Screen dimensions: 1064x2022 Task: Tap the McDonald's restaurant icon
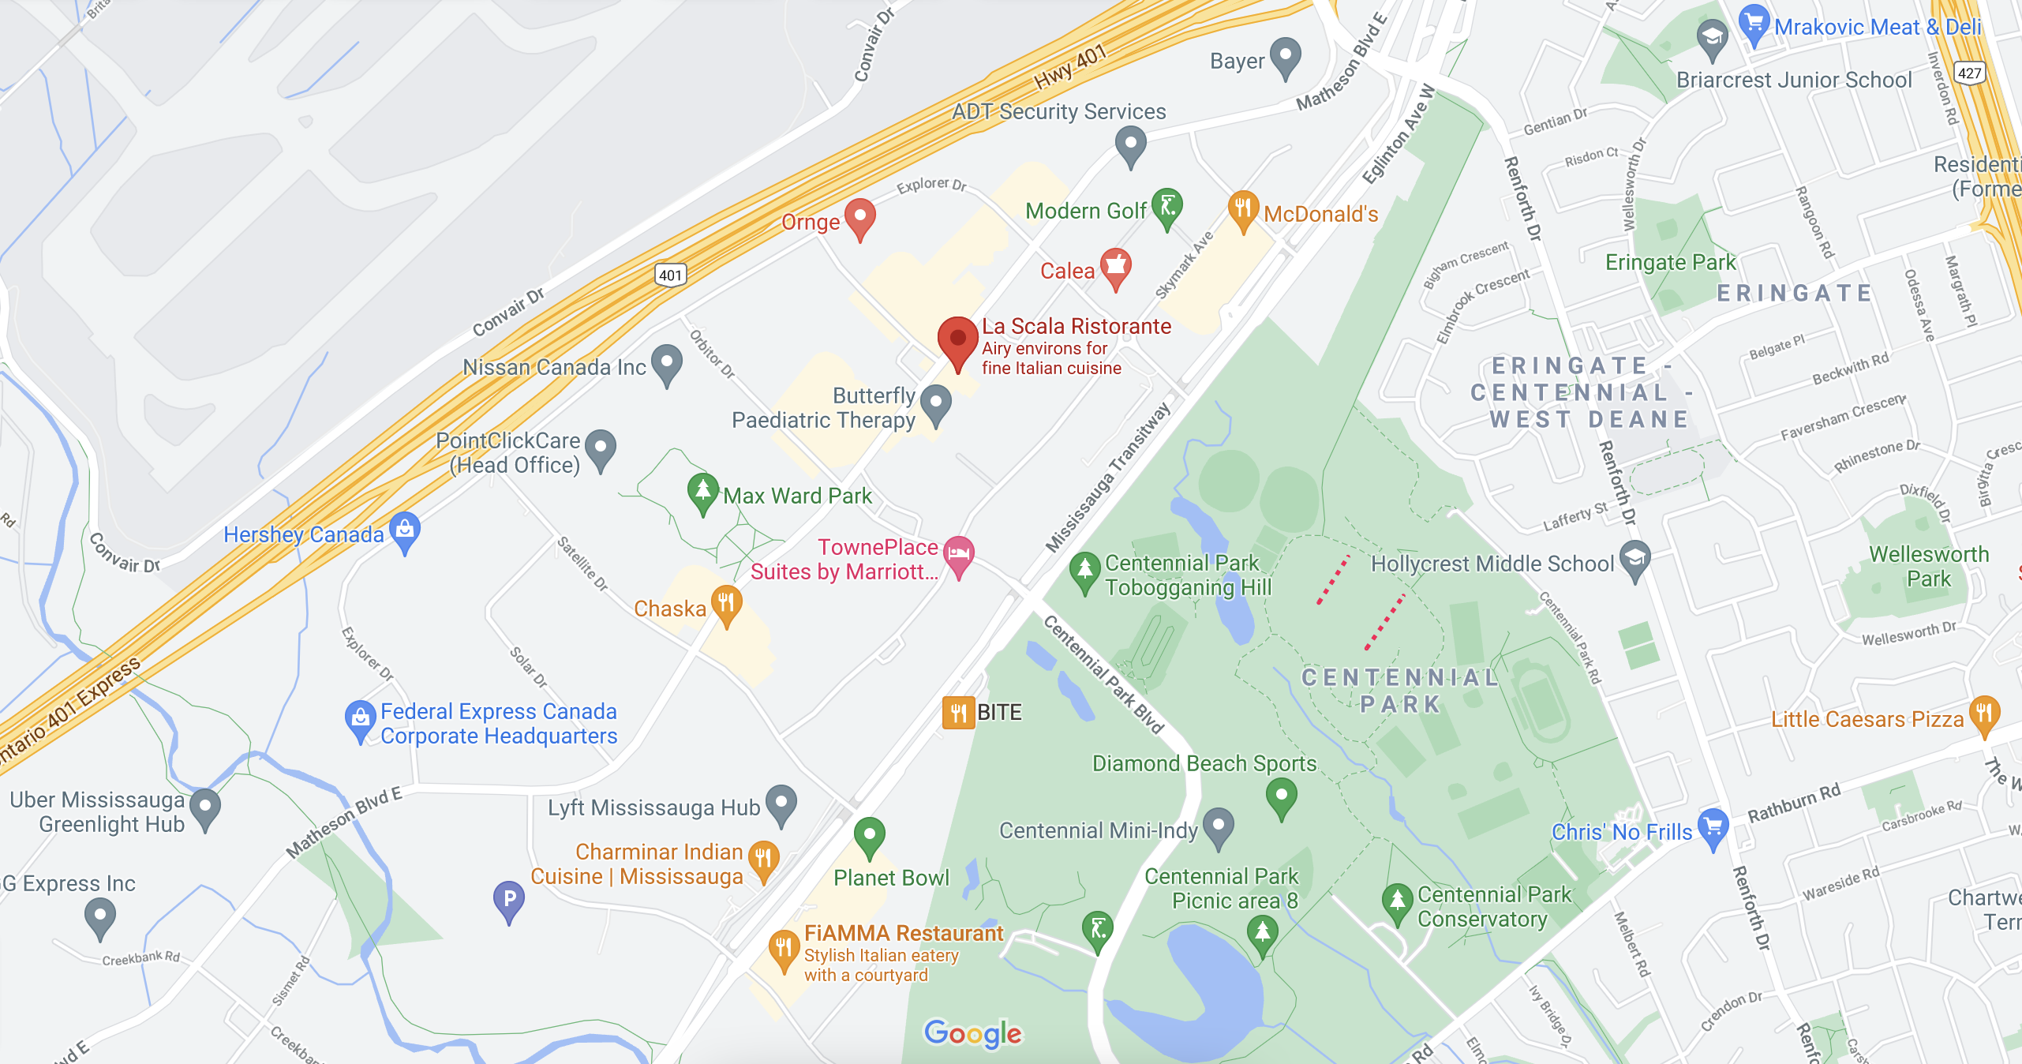(1242, 209)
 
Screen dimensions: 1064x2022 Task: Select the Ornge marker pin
(859, 217)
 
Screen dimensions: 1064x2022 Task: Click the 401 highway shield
(670, 275)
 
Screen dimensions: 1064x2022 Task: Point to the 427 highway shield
(1969, 73)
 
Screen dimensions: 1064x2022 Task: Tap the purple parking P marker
(509, 899)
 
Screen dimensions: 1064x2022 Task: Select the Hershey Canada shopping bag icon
(405, 530)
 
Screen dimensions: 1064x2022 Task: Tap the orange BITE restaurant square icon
(958, 713)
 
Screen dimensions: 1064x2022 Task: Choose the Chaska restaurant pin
(726, 604)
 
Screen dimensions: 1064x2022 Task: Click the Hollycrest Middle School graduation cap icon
(1634, 559)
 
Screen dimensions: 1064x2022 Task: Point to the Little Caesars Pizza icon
(1984, 714)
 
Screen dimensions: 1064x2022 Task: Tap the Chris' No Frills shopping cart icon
(1713, 827)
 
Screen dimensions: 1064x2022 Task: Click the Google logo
(972, 1033)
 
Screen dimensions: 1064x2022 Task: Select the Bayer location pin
(1286, 57)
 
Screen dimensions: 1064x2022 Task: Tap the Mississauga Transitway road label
(1108, 478)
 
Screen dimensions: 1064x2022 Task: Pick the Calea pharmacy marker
(1115, 267)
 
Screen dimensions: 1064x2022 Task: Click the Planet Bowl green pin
(869, 835)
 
